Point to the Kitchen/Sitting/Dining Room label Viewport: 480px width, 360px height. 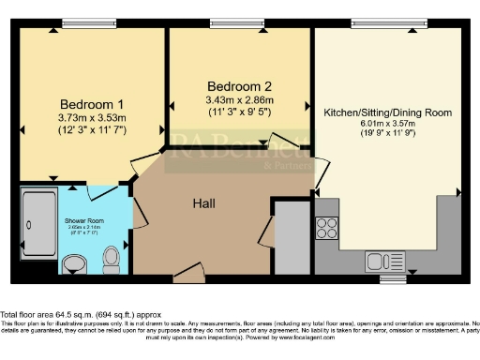(x=387, y=112)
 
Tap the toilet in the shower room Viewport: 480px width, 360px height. (x=111, y=256)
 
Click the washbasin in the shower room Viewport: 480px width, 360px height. (x=75, y=266)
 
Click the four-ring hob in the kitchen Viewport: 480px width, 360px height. (x=329, y=228)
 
